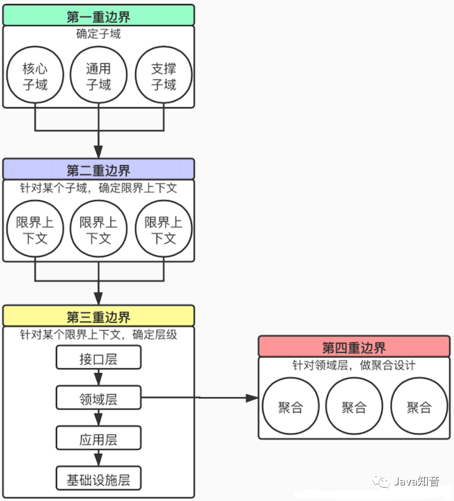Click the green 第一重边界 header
click(98, 15)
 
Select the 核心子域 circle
click(35, 76)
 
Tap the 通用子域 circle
click(98, 76)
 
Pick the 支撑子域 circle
click(163, 76)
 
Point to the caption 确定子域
click(98, 34)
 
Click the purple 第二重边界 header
click(98, 169)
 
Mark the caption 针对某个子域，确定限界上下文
click(98, 188)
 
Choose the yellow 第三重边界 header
click(98, 316)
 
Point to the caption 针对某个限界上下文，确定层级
click(98, 334)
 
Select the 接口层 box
click(98, 359)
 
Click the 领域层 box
click(98, 398)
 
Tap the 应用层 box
click(98, 439)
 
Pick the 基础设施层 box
click(98, 479)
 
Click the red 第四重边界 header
click(353, 347)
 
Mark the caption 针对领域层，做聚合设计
click(353, 365)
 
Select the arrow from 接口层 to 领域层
click(98, 378)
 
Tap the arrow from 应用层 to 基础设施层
click(98, 458)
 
